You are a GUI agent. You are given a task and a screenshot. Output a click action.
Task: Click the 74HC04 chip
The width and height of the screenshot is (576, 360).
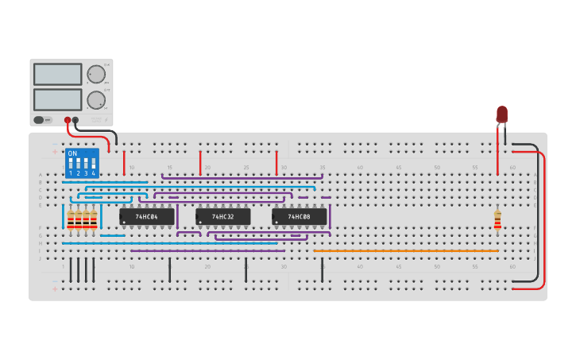point(147,216)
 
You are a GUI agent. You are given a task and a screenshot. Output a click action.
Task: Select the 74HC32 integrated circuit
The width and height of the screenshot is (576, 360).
point(223,216)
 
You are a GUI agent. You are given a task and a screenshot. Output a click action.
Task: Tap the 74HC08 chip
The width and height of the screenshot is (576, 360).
point(300,216)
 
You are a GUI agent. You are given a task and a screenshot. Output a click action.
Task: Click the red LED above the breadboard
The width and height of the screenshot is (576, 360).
point(501,114)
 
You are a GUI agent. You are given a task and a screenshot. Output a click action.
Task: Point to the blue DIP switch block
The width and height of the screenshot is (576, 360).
point(82,163)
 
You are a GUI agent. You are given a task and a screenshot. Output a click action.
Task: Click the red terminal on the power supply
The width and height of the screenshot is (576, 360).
point(68,120)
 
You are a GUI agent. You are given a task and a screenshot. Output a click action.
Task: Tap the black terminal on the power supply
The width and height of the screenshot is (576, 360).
point(75,120)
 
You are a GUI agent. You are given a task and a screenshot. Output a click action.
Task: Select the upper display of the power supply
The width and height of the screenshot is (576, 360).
point(57,74)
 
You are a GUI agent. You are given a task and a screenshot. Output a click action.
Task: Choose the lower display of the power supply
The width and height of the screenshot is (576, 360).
point(57,99)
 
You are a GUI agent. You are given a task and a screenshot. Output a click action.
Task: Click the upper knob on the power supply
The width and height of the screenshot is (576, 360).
point(96,75)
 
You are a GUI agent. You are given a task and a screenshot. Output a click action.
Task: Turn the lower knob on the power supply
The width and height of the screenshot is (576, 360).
point(96,100)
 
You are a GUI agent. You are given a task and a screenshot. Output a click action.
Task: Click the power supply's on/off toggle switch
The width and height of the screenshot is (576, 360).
point(39,120)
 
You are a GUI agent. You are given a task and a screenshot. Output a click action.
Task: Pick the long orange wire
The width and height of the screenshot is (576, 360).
point(405,251)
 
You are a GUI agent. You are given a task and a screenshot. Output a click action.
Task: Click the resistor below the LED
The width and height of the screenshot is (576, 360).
point(497,219)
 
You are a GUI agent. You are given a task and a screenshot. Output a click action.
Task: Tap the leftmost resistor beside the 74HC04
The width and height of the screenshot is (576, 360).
point(71,220)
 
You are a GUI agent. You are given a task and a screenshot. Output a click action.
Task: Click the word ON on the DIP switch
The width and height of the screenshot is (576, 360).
point(72,153)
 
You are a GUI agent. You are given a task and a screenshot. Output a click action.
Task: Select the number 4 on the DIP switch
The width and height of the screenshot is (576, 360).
point(94,172)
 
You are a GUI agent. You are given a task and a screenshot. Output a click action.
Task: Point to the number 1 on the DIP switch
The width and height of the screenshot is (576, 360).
point(71,172)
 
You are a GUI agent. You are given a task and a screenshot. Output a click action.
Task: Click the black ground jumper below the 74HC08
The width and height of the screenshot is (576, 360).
point(322,270)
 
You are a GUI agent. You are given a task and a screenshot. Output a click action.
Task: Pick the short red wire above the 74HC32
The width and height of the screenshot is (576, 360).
point(200,162)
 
